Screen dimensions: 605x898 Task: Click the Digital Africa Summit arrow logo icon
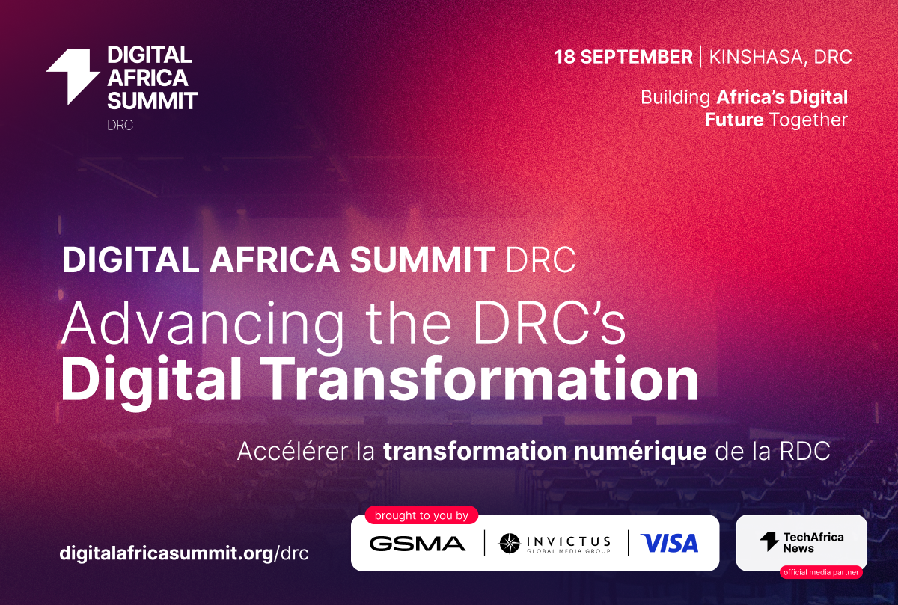click(73, 76)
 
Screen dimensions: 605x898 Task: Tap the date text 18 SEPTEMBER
click(623, 57)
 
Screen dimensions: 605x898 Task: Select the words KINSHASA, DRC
click(781, 57)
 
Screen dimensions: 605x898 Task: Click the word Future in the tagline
click(734, 120)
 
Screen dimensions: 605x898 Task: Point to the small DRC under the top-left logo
click(120, 125)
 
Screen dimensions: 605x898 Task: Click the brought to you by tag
click(421, 515)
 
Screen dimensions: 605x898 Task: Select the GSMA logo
click(417, 544)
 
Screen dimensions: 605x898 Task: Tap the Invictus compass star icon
click(510, 543)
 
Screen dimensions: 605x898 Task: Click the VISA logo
click(669, 543)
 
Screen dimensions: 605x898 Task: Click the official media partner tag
click(820, 572)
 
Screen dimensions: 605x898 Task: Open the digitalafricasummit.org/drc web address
click(183, 554)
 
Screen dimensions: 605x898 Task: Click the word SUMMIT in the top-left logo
click(152, 100)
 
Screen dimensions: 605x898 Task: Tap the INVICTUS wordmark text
click(567, 540)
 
